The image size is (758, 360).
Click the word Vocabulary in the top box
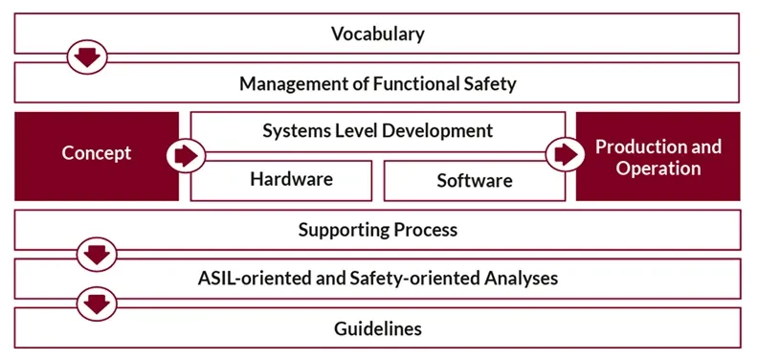(377, 34)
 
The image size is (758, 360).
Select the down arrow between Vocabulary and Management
(87, 57)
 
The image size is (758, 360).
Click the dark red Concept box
(96, 153)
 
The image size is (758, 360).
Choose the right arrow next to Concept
(184, 154)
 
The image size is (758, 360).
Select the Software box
(474, 180)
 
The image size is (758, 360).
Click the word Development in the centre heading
(438, 130)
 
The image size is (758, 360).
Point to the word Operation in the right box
(658, 169)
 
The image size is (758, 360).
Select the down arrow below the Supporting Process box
(95, 256)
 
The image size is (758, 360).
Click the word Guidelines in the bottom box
(377, 328)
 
